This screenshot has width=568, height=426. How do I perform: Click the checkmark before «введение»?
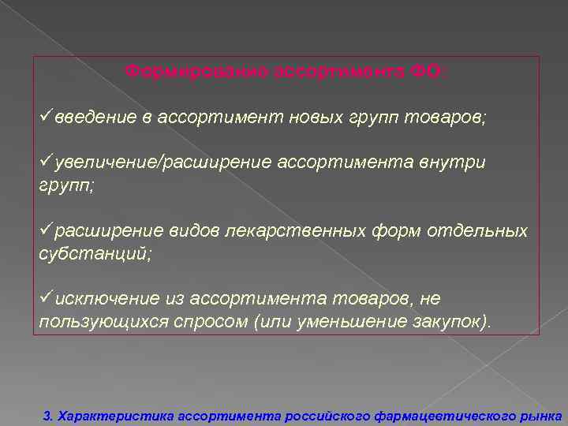pos(45,117)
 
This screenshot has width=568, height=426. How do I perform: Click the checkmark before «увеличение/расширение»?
pos(45,162)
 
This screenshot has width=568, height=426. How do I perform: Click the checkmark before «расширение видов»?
pos(45,230)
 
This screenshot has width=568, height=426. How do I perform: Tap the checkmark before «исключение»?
pos(45,298)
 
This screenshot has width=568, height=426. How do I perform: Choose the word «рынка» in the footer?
pos(542,414)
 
